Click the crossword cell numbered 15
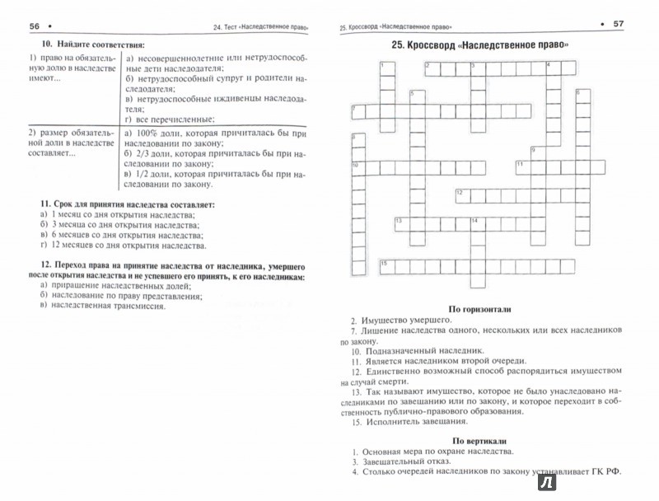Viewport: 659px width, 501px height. [x=385, y=263]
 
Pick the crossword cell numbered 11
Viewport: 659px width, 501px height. [x=521, y=165]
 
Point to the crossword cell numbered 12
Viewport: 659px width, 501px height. [x=461, y=194]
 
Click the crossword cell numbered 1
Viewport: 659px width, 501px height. [x=384, y=66]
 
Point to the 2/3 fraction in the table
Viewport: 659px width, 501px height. [x=144, y=153]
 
